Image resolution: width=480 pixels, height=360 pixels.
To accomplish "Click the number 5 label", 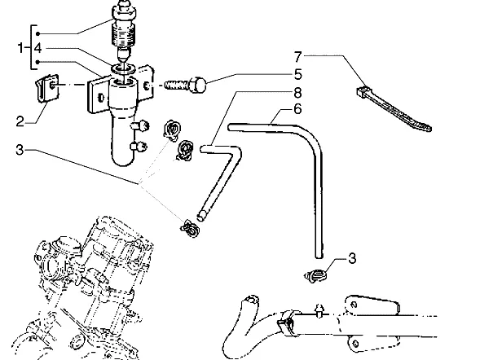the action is point(297,75).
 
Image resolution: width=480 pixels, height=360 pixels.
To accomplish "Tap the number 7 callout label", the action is point(297,57).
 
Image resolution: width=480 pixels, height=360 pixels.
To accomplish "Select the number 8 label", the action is point(297,93).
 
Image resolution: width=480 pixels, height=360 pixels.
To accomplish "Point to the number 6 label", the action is point(297,109).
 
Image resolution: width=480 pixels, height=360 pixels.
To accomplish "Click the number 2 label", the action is point(20,121).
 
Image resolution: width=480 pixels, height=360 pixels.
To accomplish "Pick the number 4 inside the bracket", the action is point(37,48).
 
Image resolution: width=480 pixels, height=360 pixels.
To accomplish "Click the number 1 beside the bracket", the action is point(20,48).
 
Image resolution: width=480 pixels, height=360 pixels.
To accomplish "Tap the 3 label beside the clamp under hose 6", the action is point(352,258).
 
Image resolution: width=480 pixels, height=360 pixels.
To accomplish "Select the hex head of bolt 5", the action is point(197,85).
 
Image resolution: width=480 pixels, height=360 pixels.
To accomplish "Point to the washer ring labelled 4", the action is point(123,68).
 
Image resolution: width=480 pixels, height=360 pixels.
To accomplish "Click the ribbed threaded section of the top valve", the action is point(124,34).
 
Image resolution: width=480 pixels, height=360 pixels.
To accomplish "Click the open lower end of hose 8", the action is point(201,217).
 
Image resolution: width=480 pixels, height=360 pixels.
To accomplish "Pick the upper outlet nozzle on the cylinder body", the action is point(140,125).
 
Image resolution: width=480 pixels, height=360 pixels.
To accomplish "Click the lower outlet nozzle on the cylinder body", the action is point(139,147).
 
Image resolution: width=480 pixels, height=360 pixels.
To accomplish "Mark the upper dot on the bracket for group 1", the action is point(37,33).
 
